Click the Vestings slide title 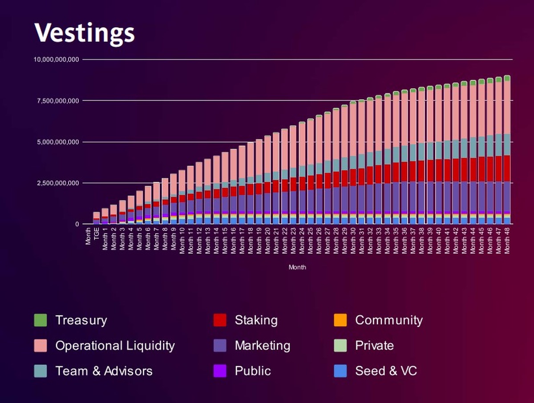84,32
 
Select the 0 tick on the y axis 77,224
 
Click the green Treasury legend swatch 40,320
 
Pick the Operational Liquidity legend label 115,346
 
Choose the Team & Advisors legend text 104,371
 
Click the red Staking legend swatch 220,320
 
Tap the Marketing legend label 263,346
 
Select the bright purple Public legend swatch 220,371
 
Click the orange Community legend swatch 340,320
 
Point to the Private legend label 374,346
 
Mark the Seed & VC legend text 386,371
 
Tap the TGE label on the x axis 97,233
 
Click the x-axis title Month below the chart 297,268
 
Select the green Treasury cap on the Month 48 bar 507,78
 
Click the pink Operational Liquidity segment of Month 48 507,107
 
